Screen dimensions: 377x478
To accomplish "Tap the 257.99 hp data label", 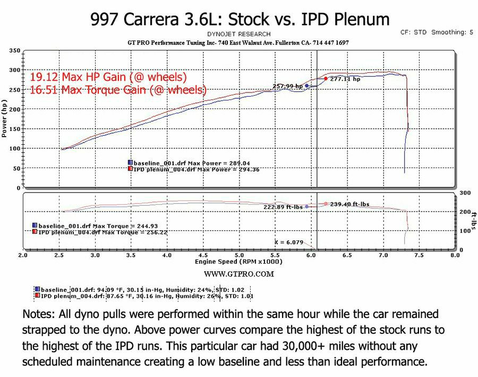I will click(x=287, y=86).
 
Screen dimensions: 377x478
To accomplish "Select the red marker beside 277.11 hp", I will click(x=326, y=79).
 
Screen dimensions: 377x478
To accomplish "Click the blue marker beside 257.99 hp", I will click(x=307, y=86).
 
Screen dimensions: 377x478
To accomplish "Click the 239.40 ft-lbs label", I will click(x=349, y=204).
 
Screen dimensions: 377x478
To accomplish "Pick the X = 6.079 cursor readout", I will click(x=289, y=242).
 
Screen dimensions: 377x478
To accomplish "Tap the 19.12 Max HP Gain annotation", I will click(x=108, y=77).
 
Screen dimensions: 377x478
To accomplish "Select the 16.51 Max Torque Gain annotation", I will click(x=118, y=89).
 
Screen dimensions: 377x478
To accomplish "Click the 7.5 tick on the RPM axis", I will click(x=419, y=255).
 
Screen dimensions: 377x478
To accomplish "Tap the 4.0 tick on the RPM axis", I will click(x=167, y=255).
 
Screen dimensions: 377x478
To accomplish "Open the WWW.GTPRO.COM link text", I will click(x=239, y=274).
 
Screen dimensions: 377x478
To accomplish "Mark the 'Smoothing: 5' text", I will click(x=452, y=32).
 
